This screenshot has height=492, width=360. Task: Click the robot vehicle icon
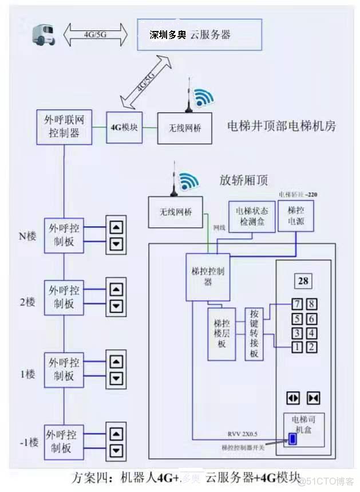tap(43, 35)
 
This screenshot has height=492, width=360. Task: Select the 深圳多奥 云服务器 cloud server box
tap(199, 34)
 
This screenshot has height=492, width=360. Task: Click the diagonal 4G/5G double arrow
tap(147, 82)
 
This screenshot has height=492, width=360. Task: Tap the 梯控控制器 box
tap(208, 277)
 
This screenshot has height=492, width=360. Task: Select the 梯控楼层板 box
tap(221, 334)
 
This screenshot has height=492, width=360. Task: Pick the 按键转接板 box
tap(255, 334)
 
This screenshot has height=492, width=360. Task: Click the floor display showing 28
tap(303, 281)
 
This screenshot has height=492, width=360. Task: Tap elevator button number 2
tap(311, 346)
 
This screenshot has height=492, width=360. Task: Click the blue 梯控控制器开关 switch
tap(292, 439)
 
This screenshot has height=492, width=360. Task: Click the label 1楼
tap(27, 374)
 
